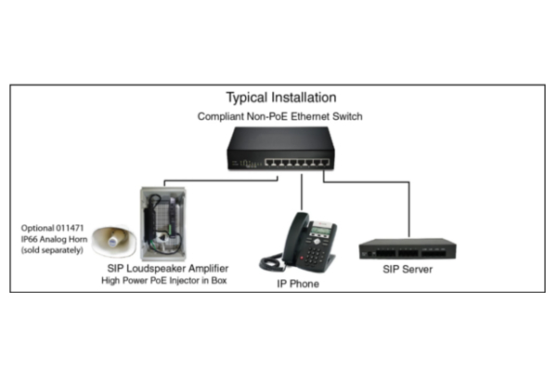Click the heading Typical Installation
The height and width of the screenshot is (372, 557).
pyautogui.click(x=281, y=97)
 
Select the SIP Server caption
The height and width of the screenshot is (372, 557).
pyautogui.click(x=408, y=270)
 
